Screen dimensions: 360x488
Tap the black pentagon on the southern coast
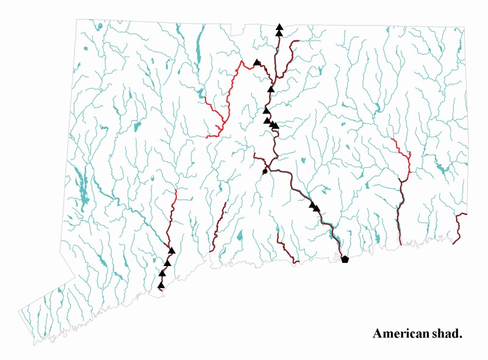(x=345, y=259)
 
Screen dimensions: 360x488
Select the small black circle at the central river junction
(x=265, y=171)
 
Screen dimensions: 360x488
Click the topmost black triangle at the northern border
(x=279, y=27)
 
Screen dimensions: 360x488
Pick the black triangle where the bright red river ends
(x=257, y=62)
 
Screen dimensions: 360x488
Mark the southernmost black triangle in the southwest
(x=161, y=285)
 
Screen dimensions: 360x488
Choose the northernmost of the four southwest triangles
(x=172, y=250)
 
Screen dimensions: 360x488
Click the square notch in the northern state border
(x=237, y=28)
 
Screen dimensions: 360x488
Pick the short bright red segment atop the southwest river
(x=175, y=196)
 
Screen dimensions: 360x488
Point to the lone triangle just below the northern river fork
(x=271, y=89)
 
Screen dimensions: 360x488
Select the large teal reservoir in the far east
(x=440, y=168)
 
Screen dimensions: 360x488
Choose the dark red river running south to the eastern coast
(x=400, y=214)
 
